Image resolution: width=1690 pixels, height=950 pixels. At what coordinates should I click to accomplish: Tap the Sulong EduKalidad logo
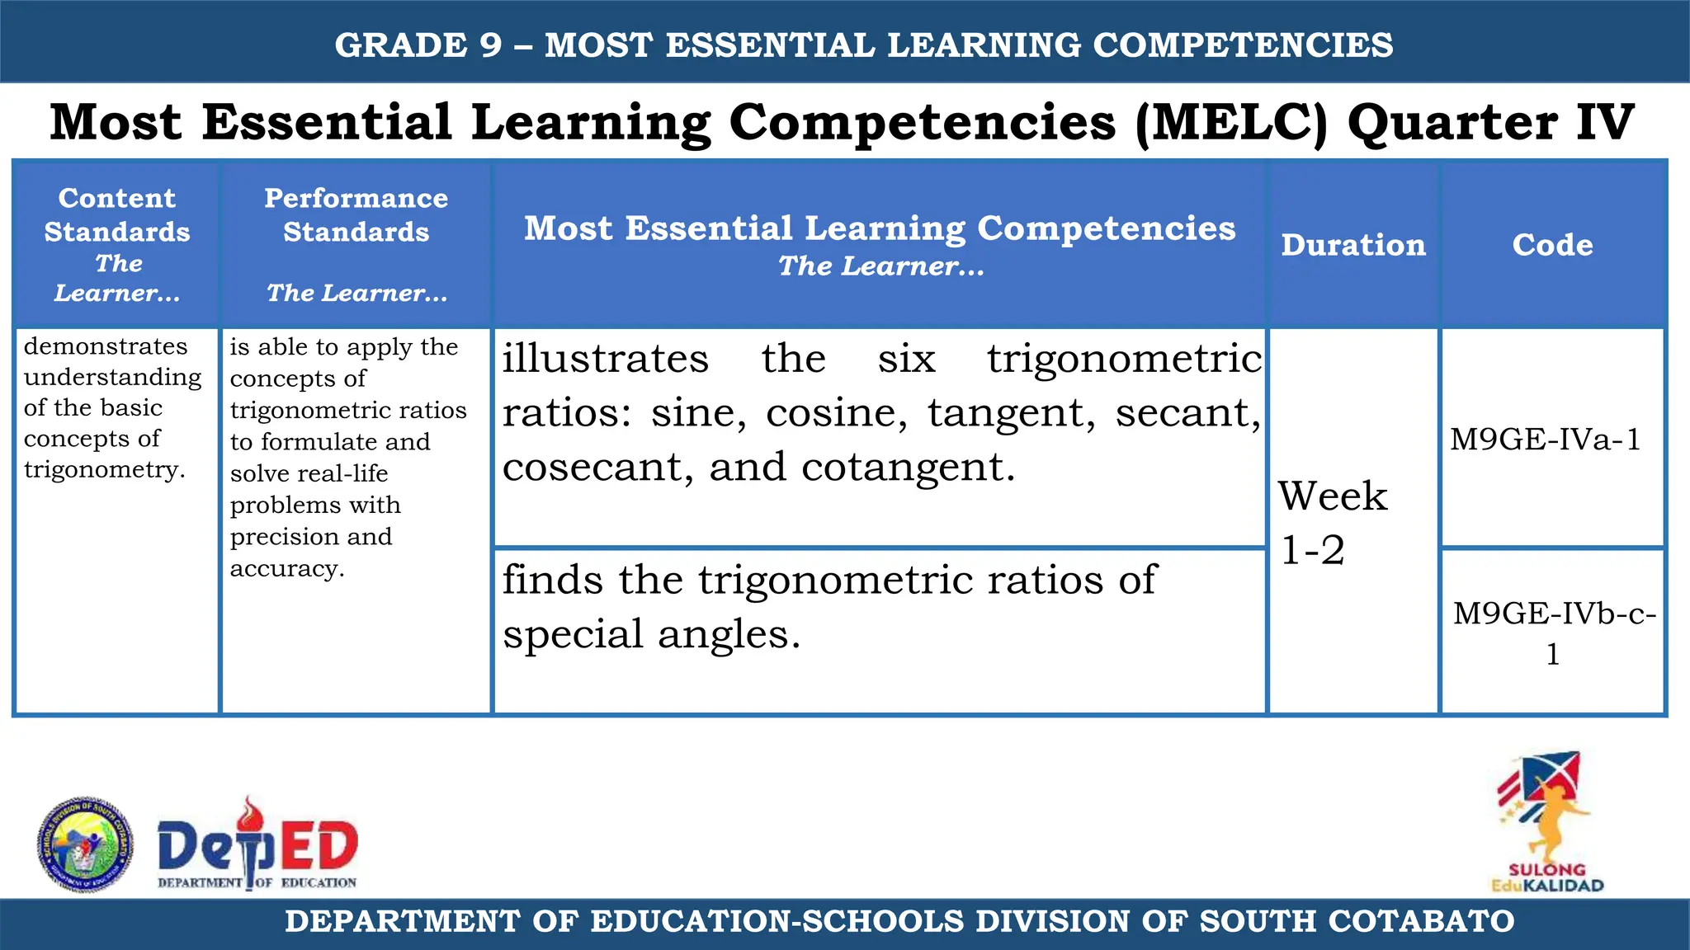click(x=1546, y=821)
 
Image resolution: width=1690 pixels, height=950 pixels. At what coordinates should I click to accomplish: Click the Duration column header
click(x=1353, y=245)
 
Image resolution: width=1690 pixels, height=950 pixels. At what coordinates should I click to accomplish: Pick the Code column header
click(x=1552, y=245)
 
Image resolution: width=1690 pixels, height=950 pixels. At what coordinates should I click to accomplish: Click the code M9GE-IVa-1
click(x=1546, y=440)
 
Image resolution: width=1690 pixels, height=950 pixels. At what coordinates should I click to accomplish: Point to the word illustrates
click(x=606, y=359)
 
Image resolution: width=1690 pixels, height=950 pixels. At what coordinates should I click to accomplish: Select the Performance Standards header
click(x=356, y=214)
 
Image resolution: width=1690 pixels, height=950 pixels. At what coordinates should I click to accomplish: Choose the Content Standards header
click(x=116, y=214)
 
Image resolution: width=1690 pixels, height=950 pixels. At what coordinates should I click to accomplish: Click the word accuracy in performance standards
click(x=286, y=568)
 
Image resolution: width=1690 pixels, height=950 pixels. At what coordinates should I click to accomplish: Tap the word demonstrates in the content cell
click(x=106, y=346)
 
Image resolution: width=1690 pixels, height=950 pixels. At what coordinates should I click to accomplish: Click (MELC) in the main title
click(x=1232, y=123)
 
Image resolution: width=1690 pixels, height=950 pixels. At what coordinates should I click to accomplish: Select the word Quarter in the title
click(x=1452, y=123)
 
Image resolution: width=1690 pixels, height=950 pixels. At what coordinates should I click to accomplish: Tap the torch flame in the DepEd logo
click(x=248, y=814)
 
